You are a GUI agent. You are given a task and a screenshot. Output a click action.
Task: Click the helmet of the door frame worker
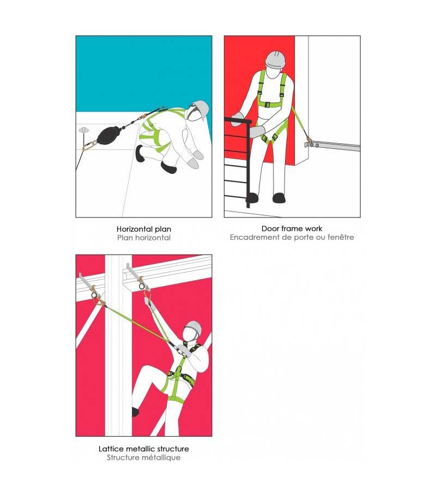click(275, 59)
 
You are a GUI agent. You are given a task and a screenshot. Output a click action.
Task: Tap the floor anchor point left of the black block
click(84, 130)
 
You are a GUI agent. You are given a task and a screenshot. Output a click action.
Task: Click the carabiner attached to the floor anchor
click(90, 145)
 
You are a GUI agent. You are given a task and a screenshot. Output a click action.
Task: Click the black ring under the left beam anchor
click(94, 295)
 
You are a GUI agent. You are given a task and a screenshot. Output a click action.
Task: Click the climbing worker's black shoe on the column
click(135, 412)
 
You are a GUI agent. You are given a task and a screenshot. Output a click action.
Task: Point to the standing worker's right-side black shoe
click(279, 198)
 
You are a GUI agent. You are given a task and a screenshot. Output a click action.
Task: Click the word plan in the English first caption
click(163, 229)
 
